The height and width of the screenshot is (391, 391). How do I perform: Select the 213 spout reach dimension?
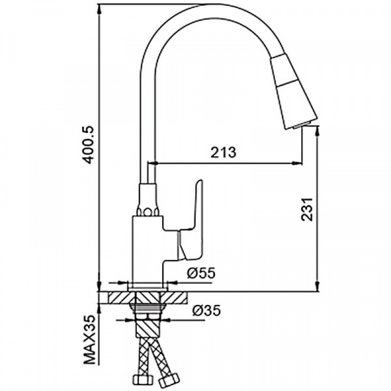pos(223,152)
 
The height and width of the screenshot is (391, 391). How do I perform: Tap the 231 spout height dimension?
pos(306,209)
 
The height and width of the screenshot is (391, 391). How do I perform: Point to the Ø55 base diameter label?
pos(201,273)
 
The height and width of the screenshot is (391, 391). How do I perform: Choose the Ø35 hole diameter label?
pos(207,311)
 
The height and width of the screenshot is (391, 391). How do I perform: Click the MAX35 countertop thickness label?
pos(90,340)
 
